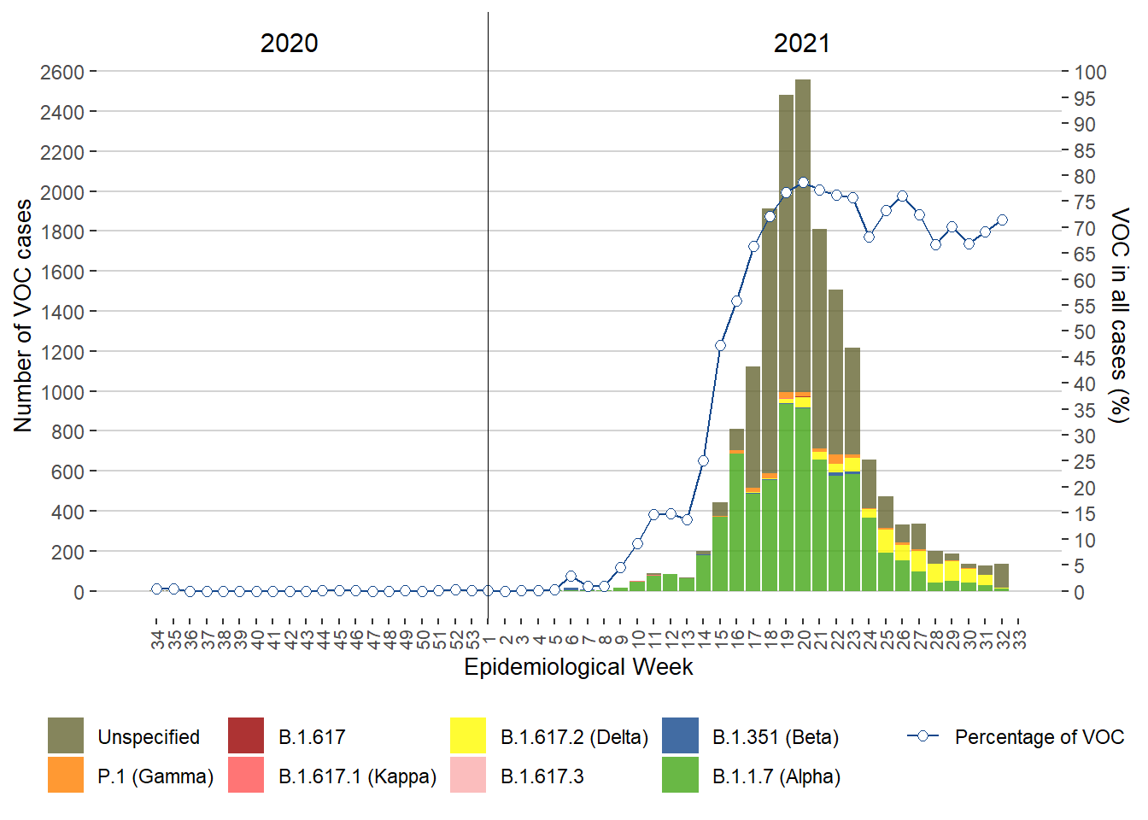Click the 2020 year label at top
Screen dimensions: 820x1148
pos(289,43)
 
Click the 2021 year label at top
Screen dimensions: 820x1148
pos(801,43)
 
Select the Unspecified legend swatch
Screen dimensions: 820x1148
pos(66,736)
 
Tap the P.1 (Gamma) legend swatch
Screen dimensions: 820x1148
pos(66,776)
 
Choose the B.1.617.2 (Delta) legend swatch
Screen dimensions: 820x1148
pos(468,736)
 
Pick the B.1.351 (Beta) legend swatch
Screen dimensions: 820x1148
pos(680,736)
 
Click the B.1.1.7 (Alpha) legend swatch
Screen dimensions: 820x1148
pos(680,776)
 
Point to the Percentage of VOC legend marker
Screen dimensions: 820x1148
pos(922,736)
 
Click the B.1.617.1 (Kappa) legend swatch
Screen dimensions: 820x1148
pos(246,776)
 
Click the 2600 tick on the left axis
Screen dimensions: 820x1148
pos(62,72)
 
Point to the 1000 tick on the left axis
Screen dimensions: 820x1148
pos(62,392)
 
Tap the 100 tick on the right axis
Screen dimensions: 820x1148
pos(1090,73)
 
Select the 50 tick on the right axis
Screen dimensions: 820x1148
pos(1085,332)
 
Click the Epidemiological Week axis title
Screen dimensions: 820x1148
pos(578,667)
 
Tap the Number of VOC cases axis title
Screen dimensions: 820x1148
pos(23,316)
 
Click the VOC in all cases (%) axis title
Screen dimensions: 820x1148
pos(1119,314)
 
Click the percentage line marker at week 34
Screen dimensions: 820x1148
pos(157,589)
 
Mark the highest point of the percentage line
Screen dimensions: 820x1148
pos(803,182)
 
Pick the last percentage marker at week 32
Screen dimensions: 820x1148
pos(1002,220)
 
